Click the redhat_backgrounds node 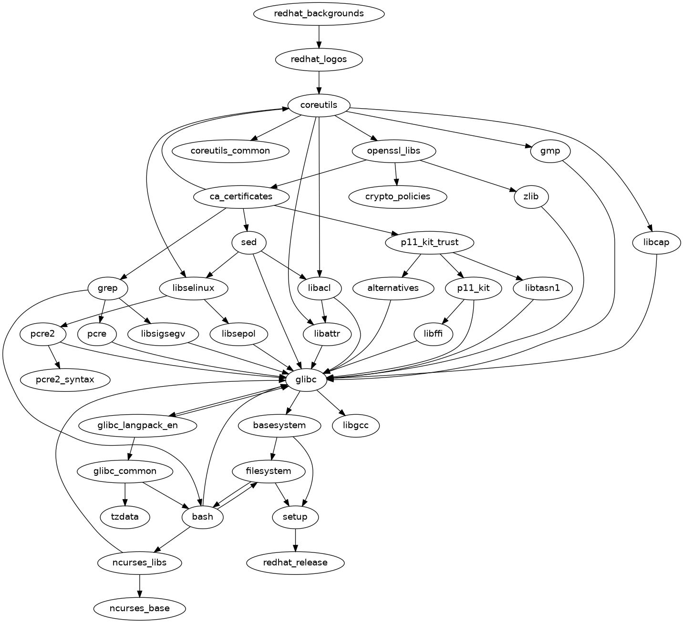(319, 13)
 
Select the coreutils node (319, 105)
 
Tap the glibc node (306, 380)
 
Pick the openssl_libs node (393, 151)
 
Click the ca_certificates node (241, 196)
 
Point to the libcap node (656, 242)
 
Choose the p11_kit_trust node (429, 242)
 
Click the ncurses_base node (139, 608)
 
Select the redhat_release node (295, 562)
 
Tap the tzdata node (125, 517)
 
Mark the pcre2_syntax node (65, 380)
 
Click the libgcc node (356, 425)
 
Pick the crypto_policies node (398, 196)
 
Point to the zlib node (531, 196)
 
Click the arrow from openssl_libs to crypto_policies (395, 174)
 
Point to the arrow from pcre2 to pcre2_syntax (53, 357)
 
